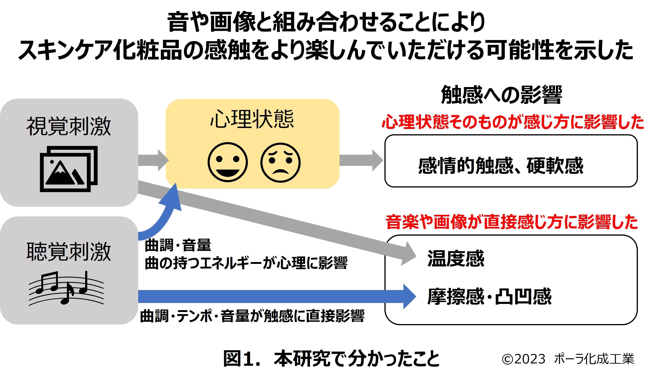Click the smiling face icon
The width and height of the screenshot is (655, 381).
(228, 162)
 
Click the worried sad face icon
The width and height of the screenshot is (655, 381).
(281, 162)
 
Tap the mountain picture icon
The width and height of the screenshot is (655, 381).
(69, 169)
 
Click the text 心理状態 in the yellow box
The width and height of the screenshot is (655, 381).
(252, 119)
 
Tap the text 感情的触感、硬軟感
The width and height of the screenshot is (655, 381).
(501, 166)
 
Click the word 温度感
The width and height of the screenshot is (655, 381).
(456, 258)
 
